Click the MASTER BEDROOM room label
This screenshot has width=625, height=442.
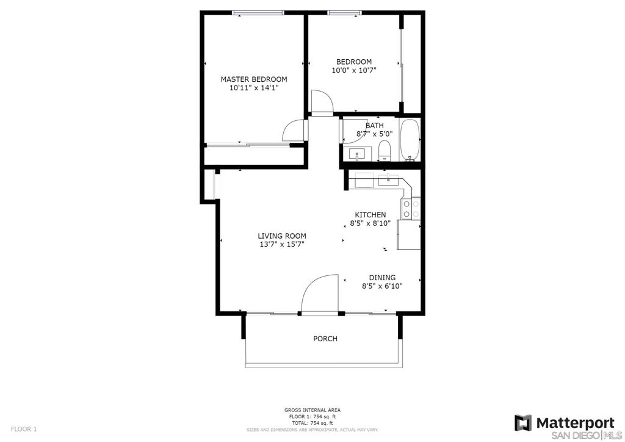[x=254, y=79]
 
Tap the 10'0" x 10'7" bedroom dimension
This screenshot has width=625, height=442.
[x=354, y=71]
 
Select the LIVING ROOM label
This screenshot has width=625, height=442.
[x=282, y=236]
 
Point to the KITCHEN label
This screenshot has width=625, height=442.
[x=370, y=215]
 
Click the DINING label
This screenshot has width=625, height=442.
[x=382, y=277]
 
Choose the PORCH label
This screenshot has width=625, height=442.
[x=325, y=339]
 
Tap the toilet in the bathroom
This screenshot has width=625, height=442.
[x=385, y=150]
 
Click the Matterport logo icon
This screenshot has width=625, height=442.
[x=523, y=423]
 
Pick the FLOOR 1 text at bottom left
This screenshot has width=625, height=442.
[x=24, y=429]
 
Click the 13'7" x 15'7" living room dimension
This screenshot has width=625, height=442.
[x=282, y=245]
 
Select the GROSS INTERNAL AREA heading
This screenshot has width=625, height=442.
[x=312, y=410]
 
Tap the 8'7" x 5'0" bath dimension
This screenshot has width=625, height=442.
[x=374, y=134]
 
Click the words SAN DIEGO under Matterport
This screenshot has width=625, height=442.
[x=574, y=435]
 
